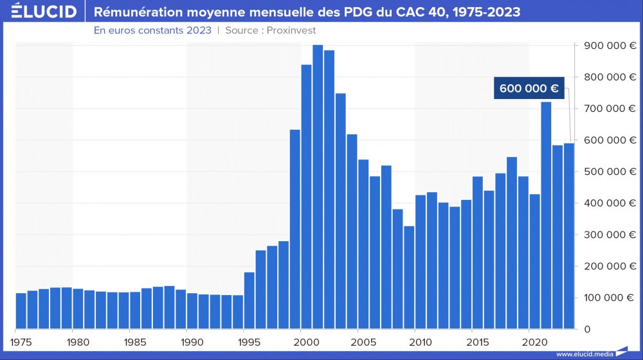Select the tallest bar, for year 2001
318,186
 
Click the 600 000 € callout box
529,88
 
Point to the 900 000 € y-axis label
604,46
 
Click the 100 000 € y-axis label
604,298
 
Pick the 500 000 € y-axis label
604,172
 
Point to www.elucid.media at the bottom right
584,354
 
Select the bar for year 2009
409,277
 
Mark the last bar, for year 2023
569,235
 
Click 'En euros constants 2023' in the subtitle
152,30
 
